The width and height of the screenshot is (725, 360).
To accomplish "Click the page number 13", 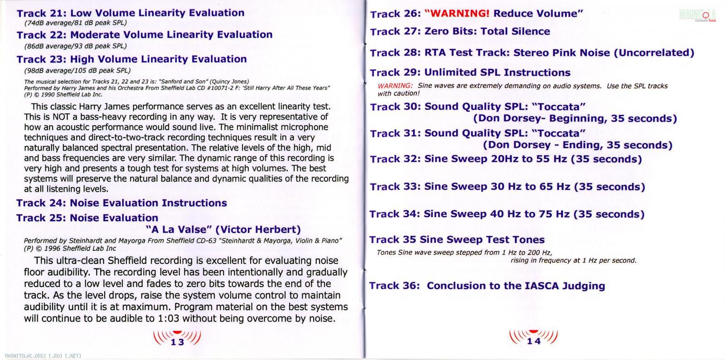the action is tap(177, 342).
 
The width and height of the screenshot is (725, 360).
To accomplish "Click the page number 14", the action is tap(534, 341).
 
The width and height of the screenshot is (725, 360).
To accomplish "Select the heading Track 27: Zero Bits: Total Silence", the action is tap(460, 31).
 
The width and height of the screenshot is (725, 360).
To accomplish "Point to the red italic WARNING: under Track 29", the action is tap(395, 86).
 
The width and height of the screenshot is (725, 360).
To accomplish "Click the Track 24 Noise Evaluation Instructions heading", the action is tap(122, 203).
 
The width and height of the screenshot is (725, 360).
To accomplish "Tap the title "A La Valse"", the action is tap(179, 229).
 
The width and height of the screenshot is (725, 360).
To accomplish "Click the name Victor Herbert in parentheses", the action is tap(258, 229).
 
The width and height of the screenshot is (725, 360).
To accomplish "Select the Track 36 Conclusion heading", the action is tap(487, 286).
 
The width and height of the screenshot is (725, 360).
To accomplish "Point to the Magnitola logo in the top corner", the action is tap(697, 15).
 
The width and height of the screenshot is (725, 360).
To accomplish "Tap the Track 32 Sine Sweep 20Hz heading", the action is tap(506, 159).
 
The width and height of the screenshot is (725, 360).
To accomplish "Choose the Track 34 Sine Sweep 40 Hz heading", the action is tap(507, 214).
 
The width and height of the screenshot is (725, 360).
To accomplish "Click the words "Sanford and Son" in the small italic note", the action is tap(182, 82).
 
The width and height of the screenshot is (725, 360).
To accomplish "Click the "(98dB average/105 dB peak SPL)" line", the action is tap(77, 71).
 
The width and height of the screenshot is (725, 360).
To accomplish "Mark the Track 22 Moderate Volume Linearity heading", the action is tap(145, 35).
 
